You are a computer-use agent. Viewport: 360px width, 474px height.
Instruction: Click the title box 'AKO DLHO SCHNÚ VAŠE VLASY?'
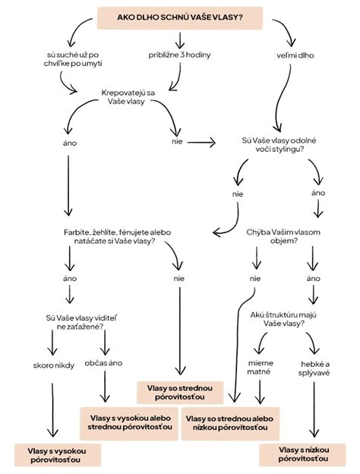click(x=179, y=17)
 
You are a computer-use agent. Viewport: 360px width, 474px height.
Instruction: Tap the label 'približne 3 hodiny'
click(x=179, y=55)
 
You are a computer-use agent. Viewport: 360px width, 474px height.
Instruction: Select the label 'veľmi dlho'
click(x=295, y=55)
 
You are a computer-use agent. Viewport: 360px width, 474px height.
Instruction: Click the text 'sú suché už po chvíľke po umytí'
click(x=73, y=59)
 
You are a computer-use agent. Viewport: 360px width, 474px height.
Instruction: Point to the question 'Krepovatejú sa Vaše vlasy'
click(x=128, y=97)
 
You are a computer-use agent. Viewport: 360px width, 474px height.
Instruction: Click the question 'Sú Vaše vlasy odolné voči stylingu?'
click(x=279, y=145)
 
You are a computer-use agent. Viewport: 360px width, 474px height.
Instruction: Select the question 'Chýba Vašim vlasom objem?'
click(x=283, y=237)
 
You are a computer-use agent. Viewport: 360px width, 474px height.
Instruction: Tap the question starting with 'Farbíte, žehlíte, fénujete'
click(x=117, y=237)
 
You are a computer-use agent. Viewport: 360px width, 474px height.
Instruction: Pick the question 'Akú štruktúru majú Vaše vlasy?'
click(x=283, y=319)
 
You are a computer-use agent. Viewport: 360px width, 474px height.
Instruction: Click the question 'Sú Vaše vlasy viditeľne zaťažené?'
click(x=81, y=322)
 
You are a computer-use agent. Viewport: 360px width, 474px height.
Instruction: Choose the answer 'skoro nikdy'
click(x=53, y=365)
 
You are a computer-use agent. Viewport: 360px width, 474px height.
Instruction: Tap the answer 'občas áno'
click(x=103, y=363)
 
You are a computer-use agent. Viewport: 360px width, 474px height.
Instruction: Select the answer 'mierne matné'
click(x=261, y=367)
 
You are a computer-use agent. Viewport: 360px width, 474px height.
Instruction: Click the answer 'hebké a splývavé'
click(x=314, y=368)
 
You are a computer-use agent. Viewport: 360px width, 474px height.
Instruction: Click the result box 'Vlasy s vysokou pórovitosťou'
click(x=57, y=455)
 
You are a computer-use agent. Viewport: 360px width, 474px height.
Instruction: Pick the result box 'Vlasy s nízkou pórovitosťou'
click(x=302, y=454)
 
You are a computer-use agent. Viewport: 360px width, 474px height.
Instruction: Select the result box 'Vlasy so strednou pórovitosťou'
click(x=180, y=393)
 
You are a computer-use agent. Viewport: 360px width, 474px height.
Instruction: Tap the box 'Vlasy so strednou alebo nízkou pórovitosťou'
click(x=230, y=423)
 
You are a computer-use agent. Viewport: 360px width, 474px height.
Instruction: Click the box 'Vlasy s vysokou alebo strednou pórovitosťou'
click(x=129, y=423)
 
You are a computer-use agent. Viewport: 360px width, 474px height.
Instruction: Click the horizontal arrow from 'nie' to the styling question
click(x=201, y=142)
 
